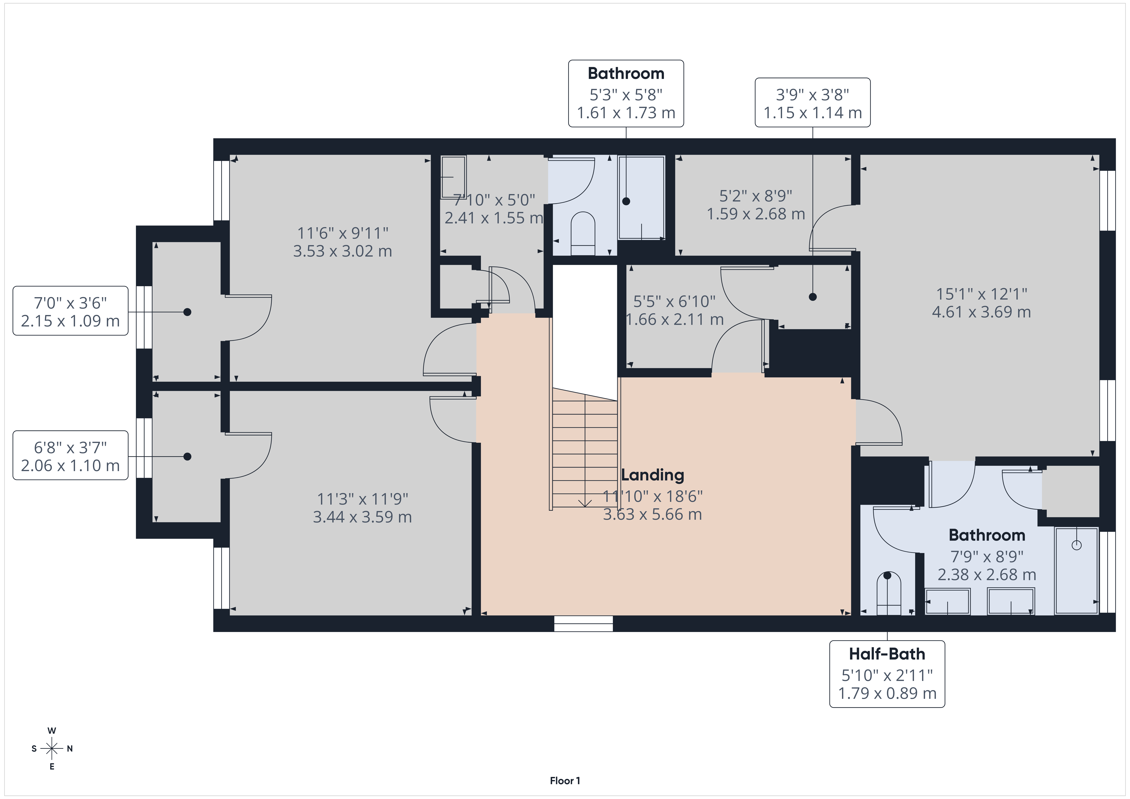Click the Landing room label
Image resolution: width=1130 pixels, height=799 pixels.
click(x=653, y=475)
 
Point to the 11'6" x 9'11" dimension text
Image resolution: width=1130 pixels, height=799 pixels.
click(x=343, y=233)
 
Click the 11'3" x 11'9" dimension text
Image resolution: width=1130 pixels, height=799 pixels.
click(x=363, y=499)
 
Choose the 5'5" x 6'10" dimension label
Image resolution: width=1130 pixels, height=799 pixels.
click(x=674, y=301)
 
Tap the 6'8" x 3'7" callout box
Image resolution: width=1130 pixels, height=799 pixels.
click(x=70, y=455)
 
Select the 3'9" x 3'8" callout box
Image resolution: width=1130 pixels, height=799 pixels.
click(x=813, y=102)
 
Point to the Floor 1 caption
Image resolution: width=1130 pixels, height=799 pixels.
click(x=565, y=781)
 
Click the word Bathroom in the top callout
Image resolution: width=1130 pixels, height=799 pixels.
click(x=626, y=73)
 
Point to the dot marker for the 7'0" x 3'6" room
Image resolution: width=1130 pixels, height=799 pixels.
click(x=187, y=312)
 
